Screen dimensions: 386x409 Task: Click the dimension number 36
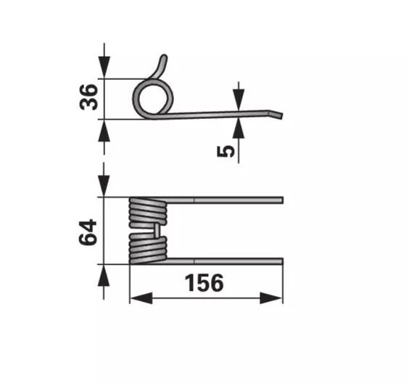coord(88,98)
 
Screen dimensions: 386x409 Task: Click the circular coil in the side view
coord(153,96)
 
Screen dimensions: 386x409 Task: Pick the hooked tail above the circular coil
coord(162,66)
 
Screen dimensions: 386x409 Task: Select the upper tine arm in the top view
coord(225,200)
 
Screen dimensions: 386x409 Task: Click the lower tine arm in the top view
coord(225,261)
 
